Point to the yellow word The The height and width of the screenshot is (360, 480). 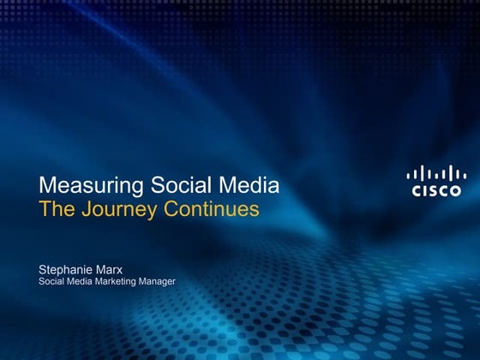56,208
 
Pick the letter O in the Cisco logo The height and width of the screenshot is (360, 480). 454,191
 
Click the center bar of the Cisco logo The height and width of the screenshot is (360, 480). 434,174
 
